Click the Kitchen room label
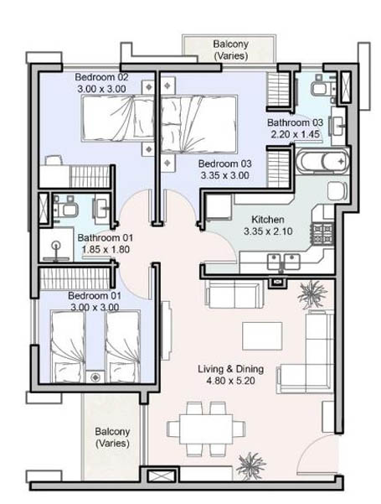tap(268, 220)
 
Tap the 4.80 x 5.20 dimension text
tap(231, 381)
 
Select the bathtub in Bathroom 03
tap(322, 161)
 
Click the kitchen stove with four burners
tap(322, 233)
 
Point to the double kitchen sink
tap(284, 261)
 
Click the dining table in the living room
tap(206, 429)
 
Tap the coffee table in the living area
tap(262, 336)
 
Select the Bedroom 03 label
tap(224, 164)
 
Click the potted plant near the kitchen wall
tap(312, 294)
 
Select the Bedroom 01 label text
tap(95, 295)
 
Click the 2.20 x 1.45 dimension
tap(296, 134)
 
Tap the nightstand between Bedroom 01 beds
tap(95, 377)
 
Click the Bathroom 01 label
tap(105, 238)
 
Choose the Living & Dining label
tap(231, 369)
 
